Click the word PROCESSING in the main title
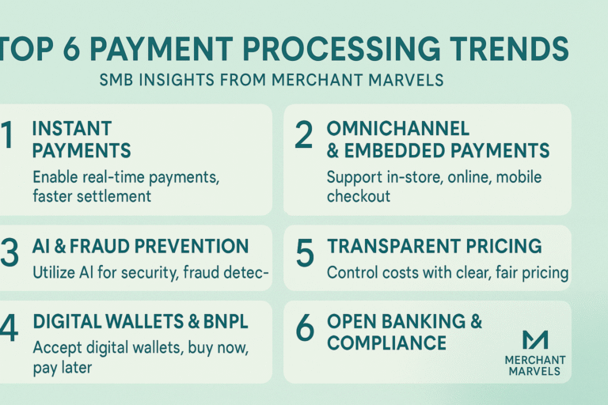point(348,50)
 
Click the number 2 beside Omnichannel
point(304,137)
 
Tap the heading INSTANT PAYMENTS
point(82,139)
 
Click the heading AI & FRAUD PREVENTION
point(141,246)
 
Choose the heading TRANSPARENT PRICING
point(434,246)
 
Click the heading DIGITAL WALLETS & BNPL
point(130,322)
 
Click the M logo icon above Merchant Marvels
point(536,339)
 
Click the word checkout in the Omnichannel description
point(358,196)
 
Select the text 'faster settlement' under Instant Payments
point(91,196)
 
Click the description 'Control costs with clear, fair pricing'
point(447,274)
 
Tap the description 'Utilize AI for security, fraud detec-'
point(151,274)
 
